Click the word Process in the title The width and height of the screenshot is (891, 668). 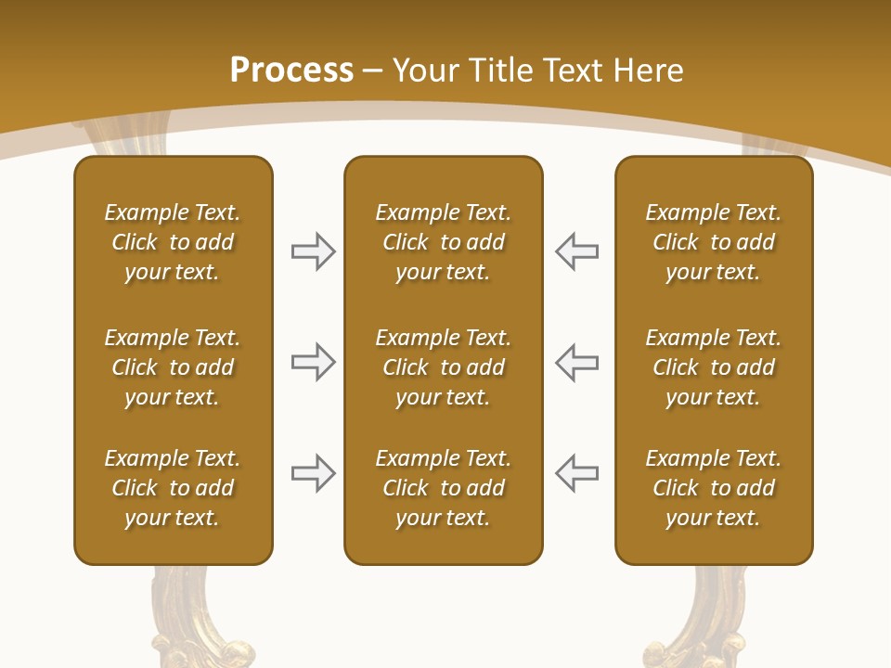291,71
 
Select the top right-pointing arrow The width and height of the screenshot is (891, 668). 314,251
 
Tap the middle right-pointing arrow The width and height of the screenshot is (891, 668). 314,362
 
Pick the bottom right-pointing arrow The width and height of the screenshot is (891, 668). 314,473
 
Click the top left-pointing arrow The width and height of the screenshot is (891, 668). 576,251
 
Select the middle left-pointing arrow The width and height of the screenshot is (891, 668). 576,362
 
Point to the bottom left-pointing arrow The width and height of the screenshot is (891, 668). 576,473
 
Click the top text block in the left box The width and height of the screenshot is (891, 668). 173,242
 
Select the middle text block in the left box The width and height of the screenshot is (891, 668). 173,367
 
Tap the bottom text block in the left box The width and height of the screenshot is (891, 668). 173,488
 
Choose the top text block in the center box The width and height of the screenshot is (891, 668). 443,242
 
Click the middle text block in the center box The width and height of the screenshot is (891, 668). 443,367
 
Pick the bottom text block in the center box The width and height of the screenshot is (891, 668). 443,488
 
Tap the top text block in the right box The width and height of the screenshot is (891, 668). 713,242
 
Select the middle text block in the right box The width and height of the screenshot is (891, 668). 713,367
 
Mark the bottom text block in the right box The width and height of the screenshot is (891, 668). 713,488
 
